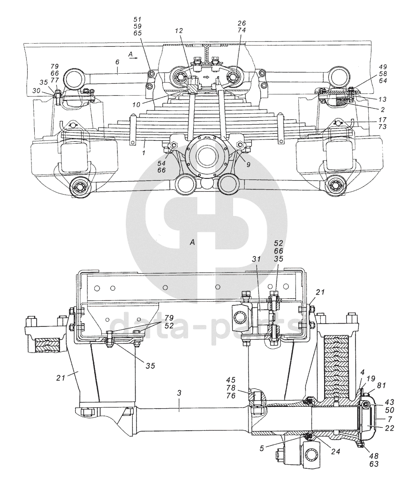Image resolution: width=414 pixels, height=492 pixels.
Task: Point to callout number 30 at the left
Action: [x=37, y=90]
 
